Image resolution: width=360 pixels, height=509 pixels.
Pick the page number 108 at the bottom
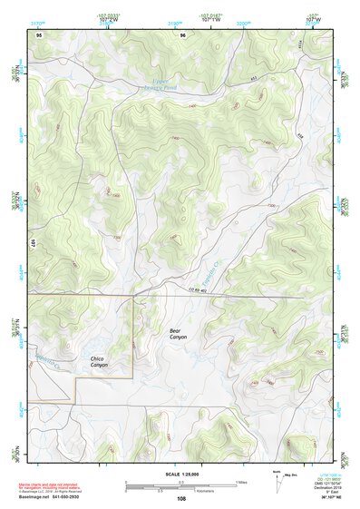point(180,498)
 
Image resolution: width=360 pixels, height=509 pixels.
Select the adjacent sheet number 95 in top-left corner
point(39,34)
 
